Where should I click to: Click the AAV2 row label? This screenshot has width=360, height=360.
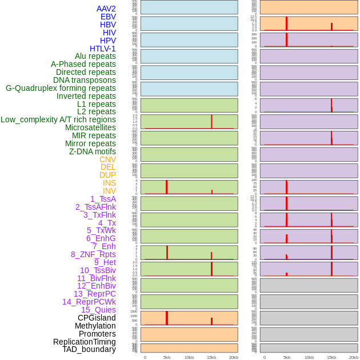point(106,9)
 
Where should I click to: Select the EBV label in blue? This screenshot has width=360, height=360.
point(108,17)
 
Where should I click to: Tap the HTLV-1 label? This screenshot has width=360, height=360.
point(102,49)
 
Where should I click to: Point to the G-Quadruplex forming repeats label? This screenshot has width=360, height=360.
point(61,88)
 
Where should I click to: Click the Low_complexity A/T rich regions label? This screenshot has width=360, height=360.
point(58,119)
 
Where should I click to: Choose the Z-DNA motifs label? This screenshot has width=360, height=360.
point(93,151)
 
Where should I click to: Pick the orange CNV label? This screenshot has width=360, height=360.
point(107,159)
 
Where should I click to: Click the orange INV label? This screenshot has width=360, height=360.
point(109,191)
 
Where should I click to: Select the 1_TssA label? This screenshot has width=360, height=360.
point(103,199)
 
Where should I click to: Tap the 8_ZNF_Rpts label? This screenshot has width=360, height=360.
point(93,254)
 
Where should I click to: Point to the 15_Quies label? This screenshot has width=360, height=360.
point(98,310)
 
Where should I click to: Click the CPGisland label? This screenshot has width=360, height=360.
point(97,318)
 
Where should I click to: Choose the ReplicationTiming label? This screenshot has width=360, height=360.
point(85,342)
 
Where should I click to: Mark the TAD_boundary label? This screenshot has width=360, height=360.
point(89,349)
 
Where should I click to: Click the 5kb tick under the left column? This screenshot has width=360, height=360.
point(167,357)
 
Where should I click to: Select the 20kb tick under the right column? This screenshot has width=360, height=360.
point(354,357)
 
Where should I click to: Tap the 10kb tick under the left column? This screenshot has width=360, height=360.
point(189,357)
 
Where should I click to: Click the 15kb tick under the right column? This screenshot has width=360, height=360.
point(331,357)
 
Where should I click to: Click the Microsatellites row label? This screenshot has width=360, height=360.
point(90,127)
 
